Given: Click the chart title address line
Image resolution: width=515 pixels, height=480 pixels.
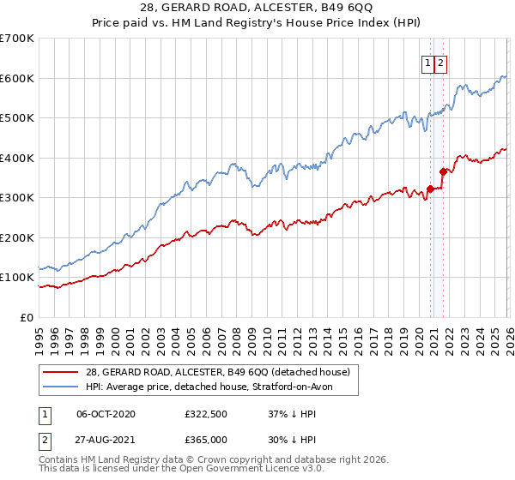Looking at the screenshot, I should tap(257, 7).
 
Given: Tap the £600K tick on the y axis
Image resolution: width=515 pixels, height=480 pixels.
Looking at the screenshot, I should tap(17, 78).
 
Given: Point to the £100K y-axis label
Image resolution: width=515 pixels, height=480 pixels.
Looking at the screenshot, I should tap(17, 278).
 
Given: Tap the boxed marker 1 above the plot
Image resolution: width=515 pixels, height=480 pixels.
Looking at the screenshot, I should tap(427, 63).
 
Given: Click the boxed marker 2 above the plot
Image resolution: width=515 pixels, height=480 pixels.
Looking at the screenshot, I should tap(440, 63).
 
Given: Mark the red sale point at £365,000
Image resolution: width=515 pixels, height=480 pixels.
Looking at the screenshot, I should tap(444, 171).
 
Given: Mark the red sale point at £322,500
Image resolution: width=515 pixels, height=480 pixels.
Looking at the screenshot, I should tap(430, 189).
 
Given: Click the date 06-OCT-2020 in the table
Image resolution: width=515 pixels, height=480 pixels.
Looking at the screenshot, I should tap(106, 414).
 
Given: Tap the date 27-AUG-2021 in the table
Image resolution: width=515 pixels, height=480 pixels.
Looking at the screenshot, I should tap(106, 440).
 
